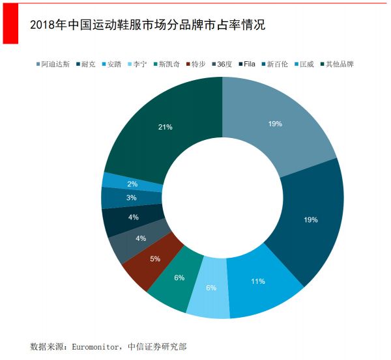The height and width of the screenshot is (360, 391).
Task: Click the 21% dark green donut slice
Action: tap(164, 128)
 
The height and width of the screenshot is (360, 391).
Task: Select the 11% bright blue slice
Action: tap(259, 281)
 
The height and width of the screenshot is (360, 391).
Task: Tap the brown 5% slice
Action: tap(155, 259)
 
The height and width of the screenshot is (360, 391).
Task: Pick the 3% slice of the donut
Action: tap(132, 197)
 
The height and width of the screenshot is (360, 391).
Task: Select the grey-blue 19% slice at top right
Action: tap(274, 124)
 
